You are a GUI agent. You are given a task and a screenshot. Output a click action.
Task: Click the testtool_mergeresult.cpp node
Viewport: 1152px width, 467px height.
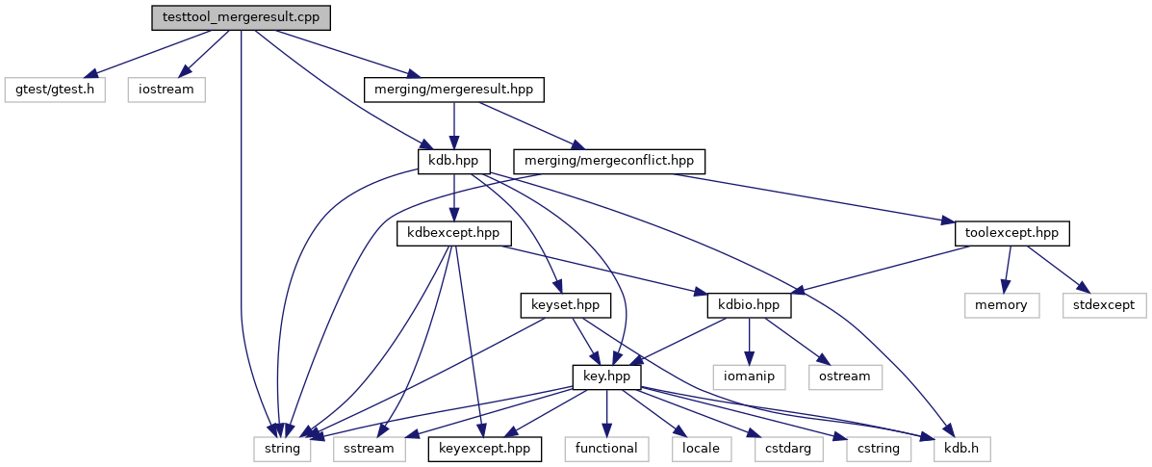pyautogui.click(x=241, y=17)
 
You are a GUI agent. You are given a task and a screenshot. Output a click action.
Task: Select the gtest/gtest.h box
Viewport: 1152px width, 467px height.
pyautogui.click(x=55, y=90)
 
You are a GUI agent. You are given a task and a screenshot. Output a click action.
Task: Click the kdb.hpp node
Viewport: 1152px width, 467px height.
pyautogui.click(x=454, y=162)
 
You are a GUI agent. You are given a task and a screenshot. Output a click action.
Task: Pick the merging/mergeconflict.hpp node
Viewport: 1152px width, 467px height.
pyautogui.click(x=609, y=162)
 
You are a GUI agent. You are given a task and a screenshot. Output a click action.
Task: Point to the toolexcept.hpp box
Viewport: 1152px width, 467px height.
pyautogui.click(x=1011, y=234)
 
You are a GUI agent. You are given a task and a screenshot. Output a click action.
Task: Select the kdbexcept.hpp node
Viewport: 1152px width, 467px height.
pyautogui.click(x=453, y=234)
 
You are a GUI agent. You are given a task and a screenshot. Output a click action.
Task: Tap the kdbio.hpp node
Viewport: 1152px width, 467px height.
pyautogui.click(x=749, y=306)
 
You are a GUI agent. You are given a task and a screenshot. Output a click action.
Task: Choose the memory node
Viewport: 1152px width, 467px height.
pyautogui.click(x=1002, y=306)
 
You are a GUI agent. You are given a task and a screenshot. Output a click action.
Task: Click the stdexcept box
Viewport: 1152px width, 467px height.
pyautogui.click(x=1104, y=306)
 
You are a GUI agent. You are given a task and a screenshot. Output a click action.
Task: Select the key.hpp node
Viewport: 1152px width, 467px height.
pyautogui.click(x=607, y=378)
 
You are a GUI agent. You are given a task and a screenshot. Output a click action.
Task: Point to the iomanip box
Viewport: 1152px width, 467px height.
pyautogui.click(x=749, y=378)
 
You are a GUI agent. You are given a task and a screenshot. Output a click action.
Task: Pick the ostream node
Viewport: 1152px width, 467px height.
pyautogui.click(x=845, y=378)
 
